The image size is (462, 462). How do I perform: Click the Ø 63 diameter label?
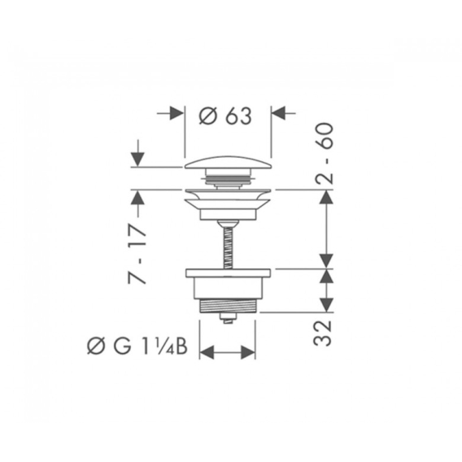225,115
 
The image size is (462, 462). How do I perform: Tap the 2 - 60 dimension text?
325,154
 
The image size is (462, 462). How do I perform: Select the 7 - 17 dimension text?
137,255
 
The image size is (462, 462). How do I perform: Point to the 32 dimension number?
323,333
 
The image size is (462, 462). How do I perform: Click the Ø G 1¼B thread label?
137,346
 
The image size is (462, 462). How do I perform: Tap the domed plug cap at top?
228,163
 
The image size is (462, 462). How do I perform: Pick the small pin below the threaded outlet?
228,318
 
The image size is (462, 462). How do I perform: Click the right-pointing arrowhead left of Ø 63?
177,113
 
